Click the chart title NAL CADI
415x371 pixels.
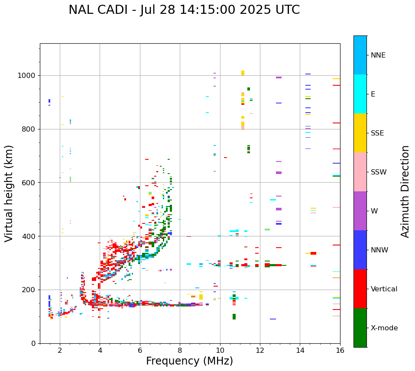(184, 10)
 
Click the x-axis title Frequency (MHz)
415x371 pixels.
(189, 361)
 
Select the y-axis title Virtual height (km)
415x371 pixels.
(9, 193)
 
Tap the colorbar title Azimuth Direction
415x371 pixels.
(405, 191)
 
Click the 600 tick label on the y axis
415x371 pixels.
(29, 183)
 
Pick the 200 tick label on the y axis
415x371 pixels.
(29, 290)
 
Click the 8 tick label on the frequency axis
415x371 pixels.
(180, 351)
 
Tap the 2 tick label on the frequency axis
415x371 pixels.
(60, 351)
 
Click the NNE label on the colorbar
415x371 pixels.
(378, 55)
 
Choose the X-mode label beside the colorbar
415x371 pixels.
(384, 328)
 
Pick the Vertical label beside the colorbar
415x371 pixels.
(384, 289)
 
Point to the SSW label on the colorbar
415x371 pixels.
(379, 172)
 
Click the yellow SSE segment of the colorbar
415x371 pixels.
(360, 133)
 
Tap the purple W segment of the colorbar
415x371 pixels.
(360, 211)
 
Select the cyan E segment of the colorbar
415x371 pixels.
(360, 94)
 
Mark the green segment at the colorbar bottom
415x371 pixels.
(360, 328)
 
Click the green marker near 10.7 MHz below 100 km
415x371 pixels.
(234, 317)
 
